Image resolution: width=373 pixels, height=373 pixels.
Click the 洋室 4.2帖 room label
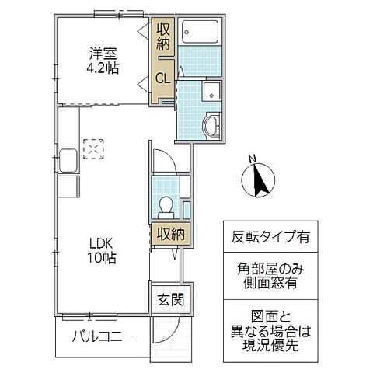tap(102, 60)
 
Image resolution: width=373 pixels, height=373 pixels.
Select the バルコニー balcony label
tap(103, 336)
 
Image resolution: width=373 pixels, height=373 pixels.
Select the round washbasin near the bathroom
tap(209, 124)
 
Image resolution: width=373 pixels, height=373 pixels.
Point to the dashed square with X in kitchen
tap(93, 147)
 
